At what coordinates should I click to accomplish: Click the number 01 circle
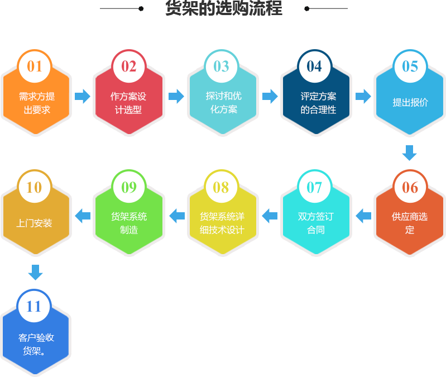[x=35, y=66]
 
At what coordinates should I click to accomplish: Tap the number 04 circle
[x=314, y=66]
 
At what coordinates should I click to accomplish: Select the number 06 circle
[x=410, y=187]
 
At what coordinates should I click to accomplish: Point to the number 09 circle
[x=129, y=187]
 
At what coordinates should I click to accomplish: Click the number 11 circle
[x=34, y=307]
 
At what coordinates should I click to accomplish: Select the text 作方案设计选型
[x=128, y=103]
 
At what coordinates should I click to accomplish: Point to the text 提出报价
[x=410, y=102]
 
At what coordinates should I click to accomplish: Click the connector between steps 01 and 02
[x=82, y=96]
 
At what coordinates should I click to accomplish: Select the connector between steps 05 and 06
[x=410, y=152]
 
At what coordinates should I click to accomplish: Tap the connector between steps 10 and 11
[x=35, y=273]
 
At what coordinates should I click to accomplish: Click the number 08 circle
[x=221, y=187]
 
